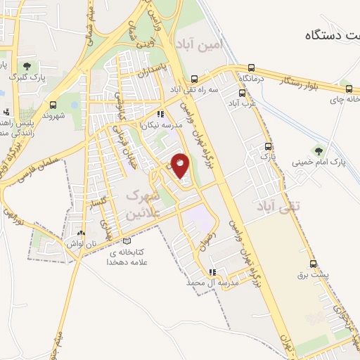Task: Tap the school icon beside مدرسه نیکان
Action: click(x=160, y=113)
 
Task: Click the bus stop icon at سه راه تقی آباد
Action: click(x=195, y=79)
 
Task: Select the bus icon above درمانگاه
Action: click(x=251, y=68)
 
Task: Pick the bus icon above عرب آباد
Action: click(x=243, y=92)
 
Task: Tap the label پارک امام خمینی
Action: click(x=328, y=162)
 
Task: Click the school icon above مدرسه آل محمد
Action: click(x=212, y=271)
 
